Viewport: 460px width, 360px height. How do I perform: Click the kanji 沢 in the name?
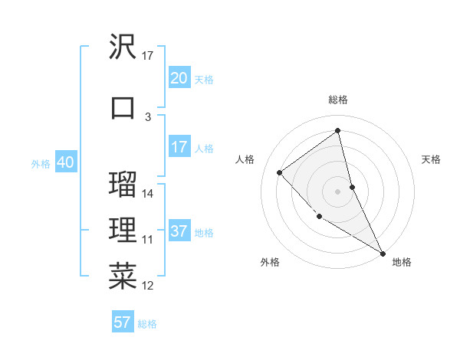point(123,47)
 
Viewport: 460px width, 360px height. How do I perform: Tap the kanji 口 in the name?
point(123,107)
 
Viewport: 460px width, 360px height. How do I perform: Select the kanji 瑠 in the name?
point(123,184)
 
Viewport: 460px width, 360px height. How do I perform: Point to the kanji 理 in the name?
point(123,231)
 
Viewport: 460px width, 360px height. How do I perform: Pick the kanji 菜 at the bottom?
point(123,277)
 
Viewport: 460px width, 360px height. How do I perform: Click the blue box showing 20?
point(179,78)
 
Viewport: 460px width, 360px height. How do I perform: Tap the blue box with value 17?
point(179,147)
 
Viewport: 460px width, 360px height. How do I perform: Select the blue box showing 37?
point(179,231)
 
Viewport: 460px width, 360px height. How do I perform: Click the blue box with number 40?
point(65,162)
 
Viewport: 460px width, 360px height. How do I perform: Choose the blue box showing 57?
point(123,322)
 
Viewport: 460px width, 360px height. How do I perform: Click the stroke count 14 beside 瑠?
point(149,194)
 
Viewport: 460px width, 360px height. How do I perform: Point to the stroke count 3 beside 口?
point(148,117)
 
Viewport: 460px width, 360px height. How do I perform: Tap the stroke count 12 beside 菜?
point(149,286)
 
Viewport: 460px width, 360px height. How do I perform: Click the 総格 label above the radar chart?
point(338,100)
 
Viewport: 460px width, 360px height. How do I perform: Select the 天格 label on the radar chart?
point(432,159)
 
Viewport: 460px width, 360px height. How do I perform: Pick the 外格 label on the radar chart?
point(270,262)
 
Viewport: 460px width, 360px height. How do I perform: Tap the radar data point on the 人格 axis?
point(280,172)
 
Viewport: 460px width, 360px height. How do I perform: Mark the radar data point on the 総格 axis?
point(338,130)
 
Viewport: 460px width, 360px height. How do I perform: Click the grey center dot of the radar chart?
point(338,191)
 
